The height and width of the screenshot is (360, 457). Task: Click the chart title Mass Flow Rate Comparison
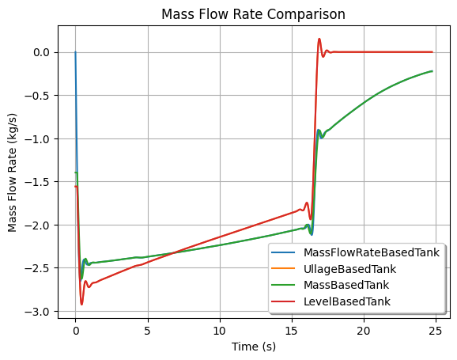click(253, 14)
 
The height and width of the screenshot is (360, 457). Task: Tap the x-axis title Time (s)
click(254, 347)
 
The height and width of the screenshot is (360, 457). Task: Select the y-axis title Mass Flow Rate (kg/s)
click(12, 172)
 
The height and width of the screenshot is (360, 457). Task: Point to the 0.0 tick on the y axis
click(42, 52)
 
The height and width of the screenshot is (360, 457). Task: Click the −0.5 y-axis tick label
click(38, 96)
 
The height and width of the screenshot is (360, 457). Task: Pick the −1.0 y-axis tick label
click(38, 139)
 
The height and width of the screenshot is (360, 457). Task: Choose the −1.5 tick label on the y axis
click(38, 182)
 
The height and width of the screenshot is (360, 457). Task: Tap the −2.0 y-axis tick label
click(38, 225)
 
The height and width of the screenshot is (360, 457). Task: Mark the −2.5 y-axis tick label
click(38, 268)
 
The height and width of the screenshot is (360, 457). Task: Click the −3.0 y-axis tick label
click(38, 312)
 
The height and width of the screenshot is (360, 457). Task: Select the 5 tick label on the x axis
click(148, 331)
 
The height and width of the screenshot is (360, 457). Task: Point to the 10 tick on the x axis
click(220, 331)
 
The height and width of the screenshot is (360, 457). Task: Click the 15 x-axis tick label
click(292, 331)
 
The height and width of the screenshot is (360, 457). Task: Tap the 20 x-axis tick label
click(364, 331)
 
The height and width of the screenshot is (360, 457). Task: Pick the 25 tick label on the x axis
click(436, 331)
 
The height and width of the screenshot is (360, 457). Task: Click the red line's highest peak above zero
click(319, 39)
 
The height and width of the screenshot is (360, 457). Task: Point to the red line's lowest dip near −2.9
click(81, 305)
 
